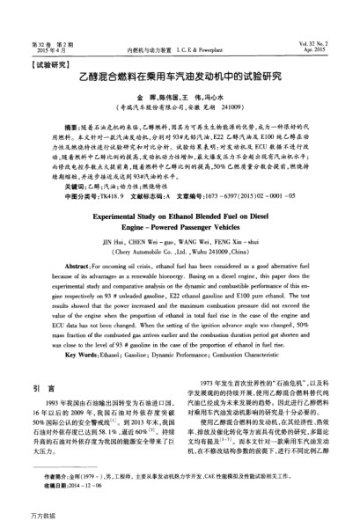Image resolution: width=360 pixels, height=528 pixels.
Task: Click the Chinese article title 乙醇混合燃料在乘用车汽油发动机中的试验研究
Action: [180, 77]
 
